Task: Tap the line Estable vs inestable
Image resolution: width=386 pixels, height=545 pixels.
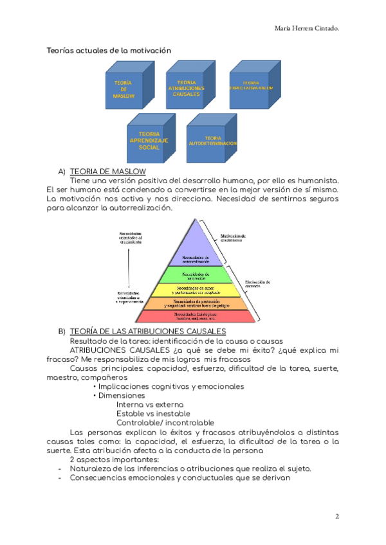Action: (153, 414)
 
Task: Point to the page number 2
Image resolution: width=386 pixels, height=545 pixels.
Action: (336, 517)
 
